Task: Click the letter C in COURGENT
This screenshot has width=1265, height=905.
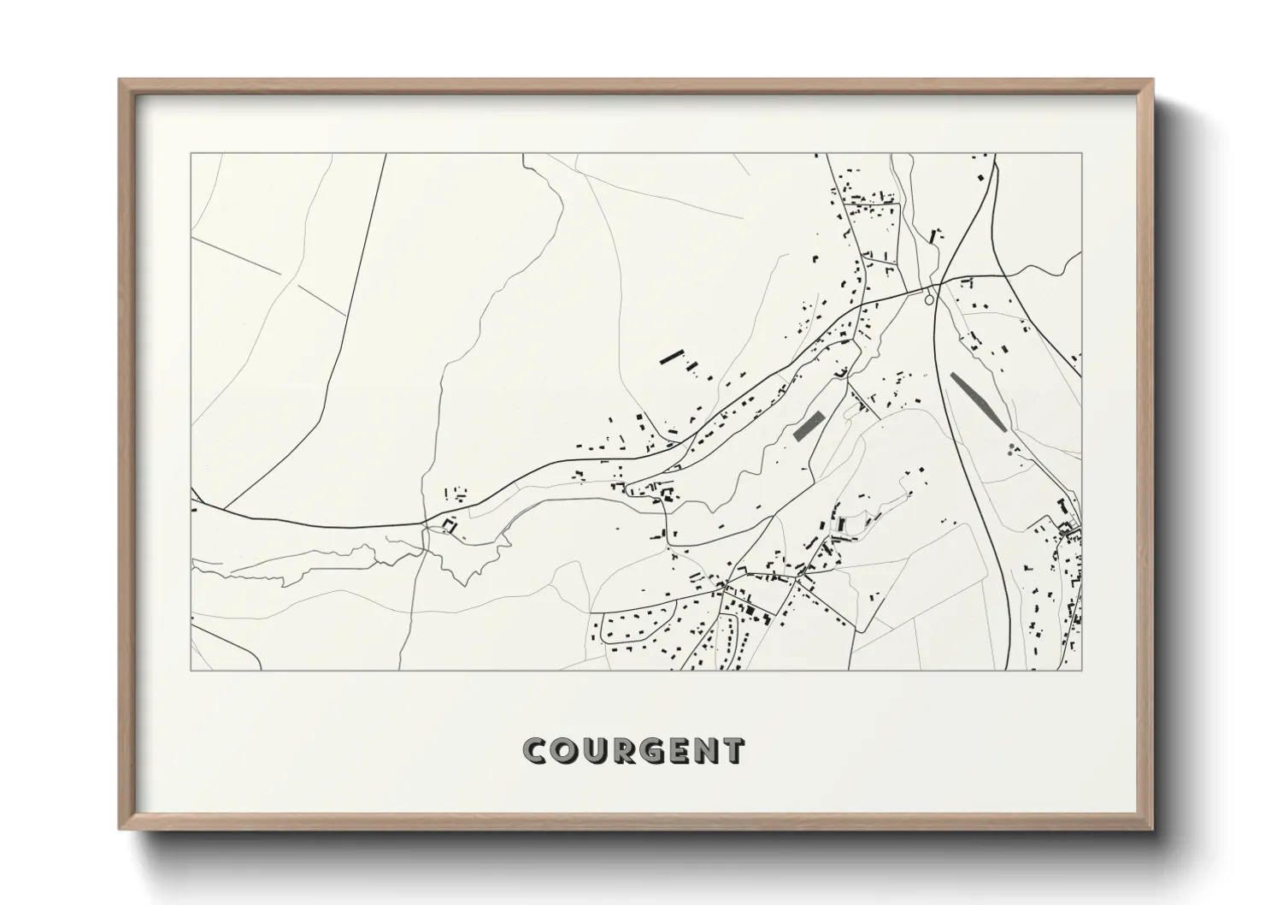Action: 535,751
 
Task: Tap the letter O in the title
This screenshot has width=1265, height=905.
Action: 565,751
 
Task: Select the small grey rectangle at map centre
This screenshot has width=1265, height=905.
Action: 808,425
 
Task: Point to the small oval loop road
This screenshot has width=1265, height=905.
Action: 929,299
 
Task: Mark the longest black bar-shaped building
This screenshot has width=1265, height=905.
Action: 673,357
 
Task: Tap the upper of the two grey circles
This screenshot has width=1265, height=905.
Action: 1012,447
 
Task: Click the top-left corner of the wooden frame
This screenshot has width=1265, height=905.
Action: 120,80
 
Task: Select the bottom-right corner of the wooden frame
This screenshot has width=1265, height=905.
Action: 1152,829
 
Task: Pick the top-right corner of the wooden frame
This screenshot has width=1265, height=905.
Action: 1152,80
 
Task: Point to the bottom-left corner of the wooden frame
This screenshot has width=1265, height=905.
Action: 120,829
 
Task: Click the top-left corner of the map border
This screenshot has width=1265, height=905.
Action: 191,154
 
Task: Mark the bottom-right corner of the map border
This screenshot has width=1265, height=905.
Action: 1082,671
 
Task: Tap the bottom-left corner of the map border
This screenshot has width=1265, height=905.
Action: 191,671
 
